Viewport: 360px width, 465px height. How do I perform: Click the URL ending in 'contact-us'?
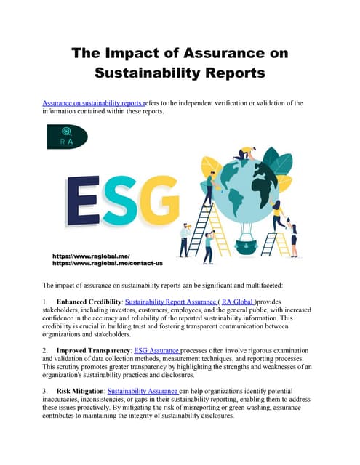click(x=107, y=263)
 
